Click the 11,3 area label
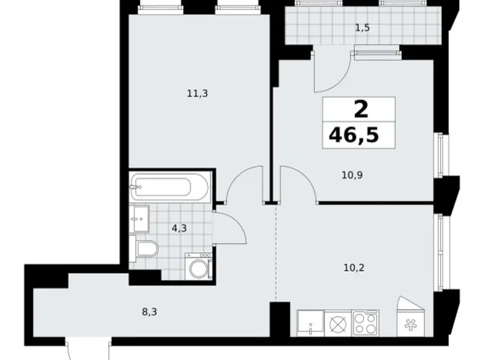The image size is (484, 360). point(197,94)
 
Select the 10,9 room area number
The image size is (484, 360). point(352,175)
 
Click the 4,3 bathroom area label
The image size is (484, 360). point(179,228)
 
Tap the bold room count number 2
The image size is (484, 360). point(360,110)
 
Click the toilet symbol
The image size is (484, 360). point(146,250)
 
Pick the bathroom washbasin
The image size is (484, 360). point(140,218)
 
